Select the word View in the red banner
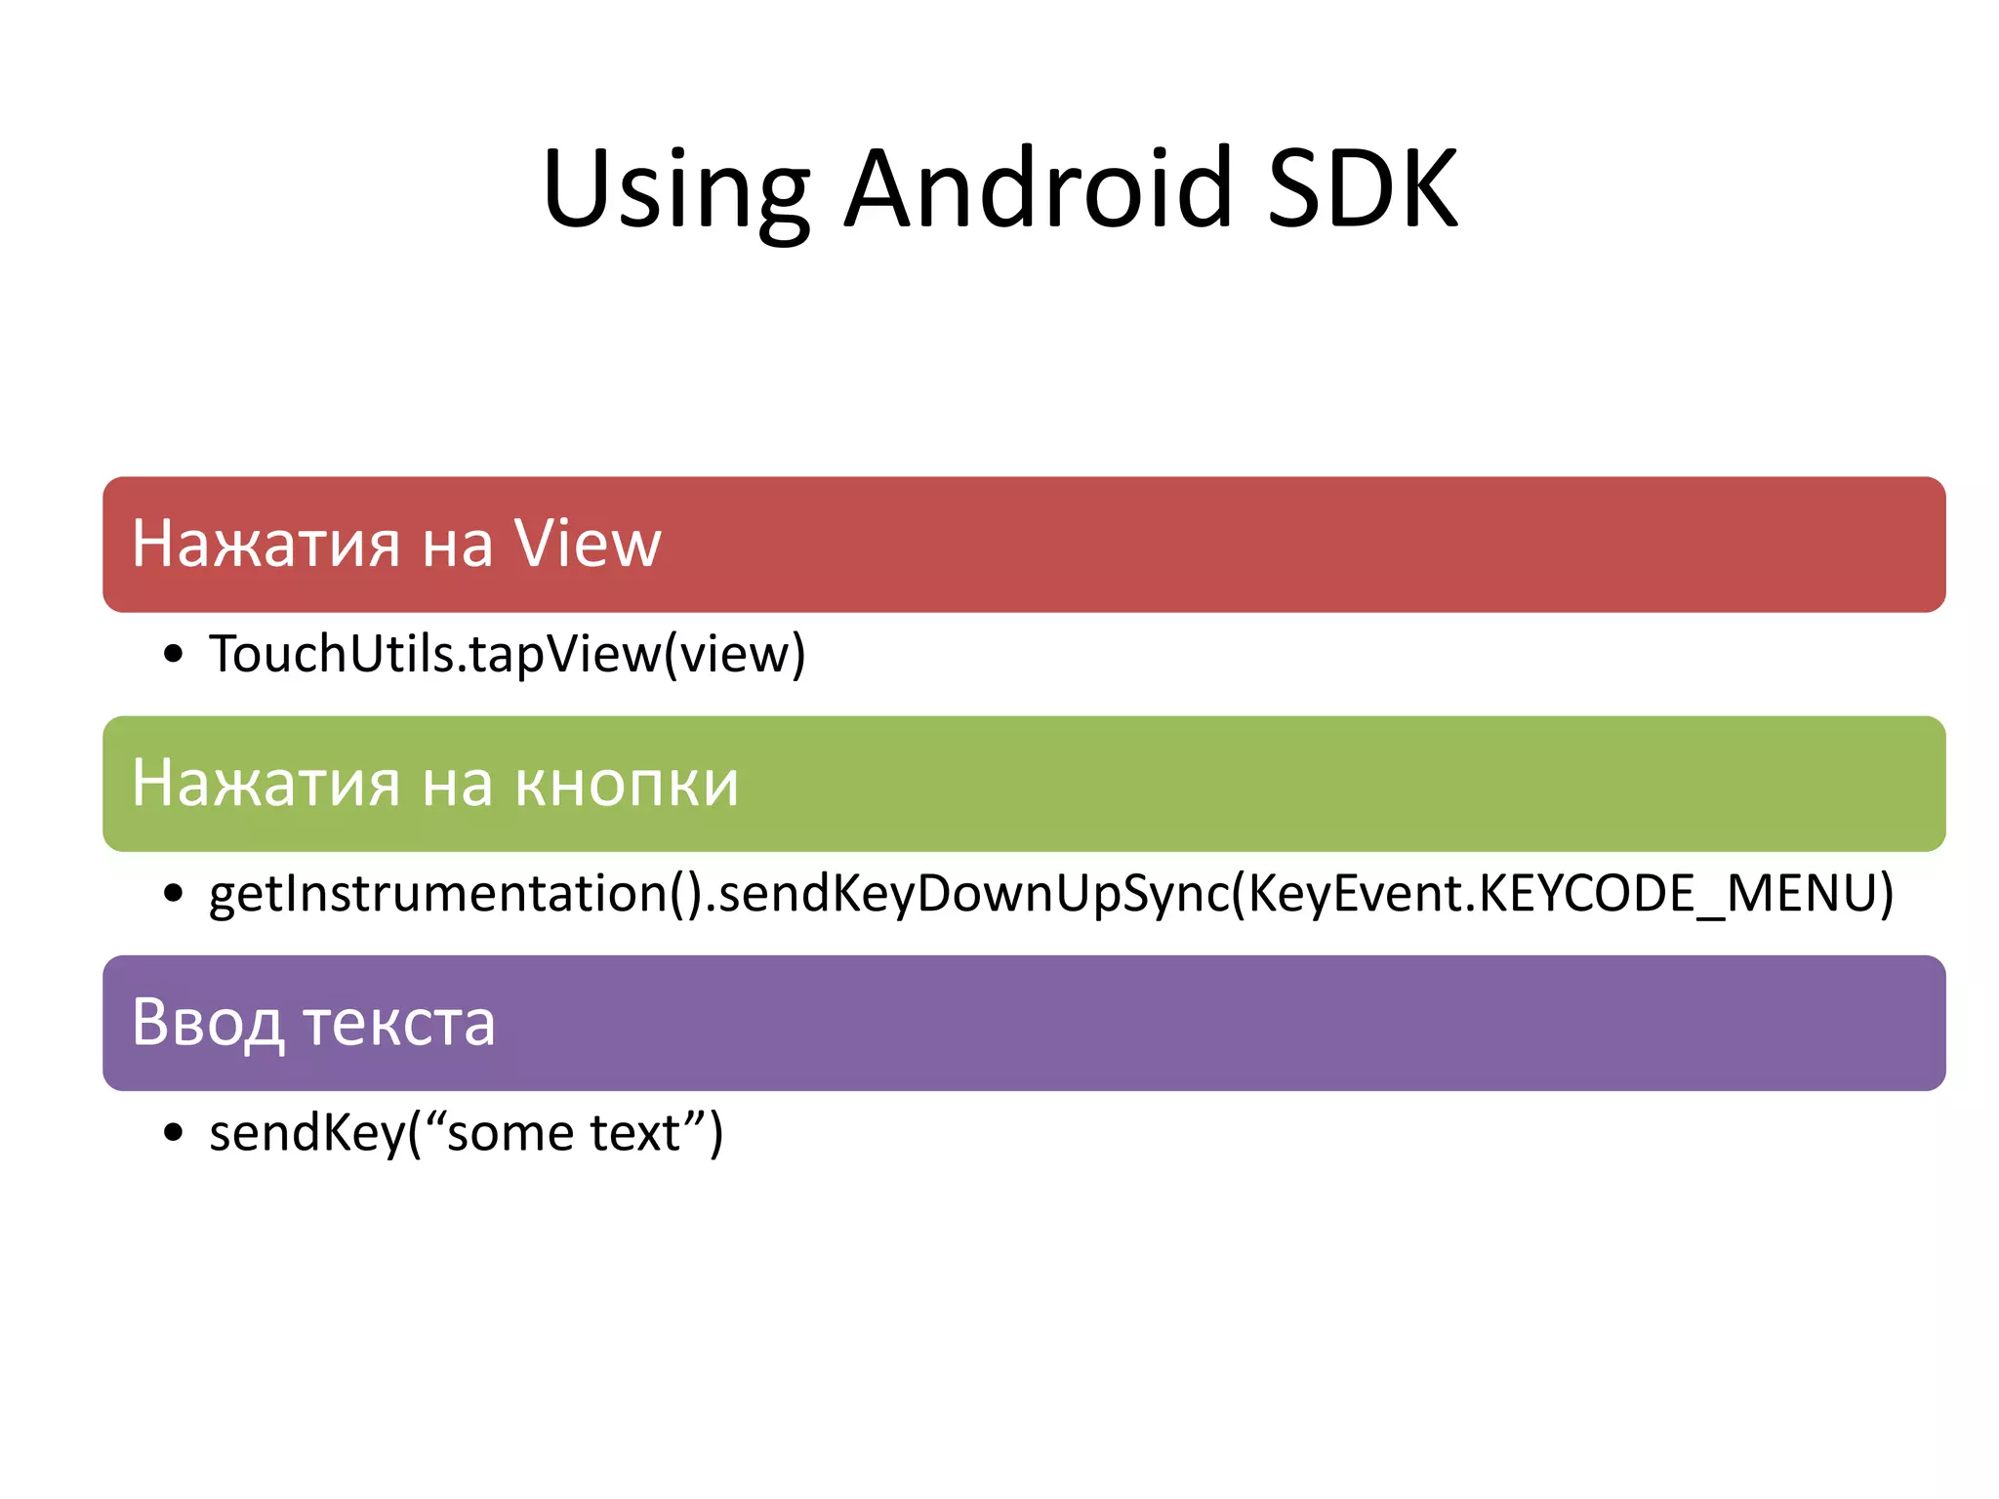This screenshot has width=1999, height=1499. coord(588,544)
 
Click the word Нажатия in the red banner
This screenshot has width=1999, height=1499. coord(265,544)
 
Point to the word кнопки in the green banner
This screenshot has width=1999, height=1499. coord(627,784)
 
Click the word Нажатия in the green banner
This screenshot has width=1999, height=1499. coord(265,784)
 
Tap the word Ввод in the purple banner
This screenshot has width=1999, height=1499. coord(207,1023)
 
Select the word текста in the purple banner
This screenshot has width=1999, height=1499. coord(399,1023)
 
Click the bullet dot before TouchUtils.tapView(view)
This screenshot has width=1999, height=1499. coord(174,654)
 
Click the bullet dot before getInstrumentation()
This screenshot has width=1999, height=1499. coord(174,893)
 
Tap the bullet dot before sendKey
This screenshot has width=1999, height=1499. coord(174,1132)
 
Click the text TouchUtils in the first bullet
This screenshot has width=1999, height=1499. coord(332,654)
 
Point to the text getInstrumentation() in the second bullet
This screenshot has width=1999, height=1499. coord(455,894)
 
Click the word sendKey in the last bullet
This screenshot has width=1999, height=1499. coord(306,1133)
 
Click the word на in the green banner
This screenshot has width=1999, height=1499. coord(458,784)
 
